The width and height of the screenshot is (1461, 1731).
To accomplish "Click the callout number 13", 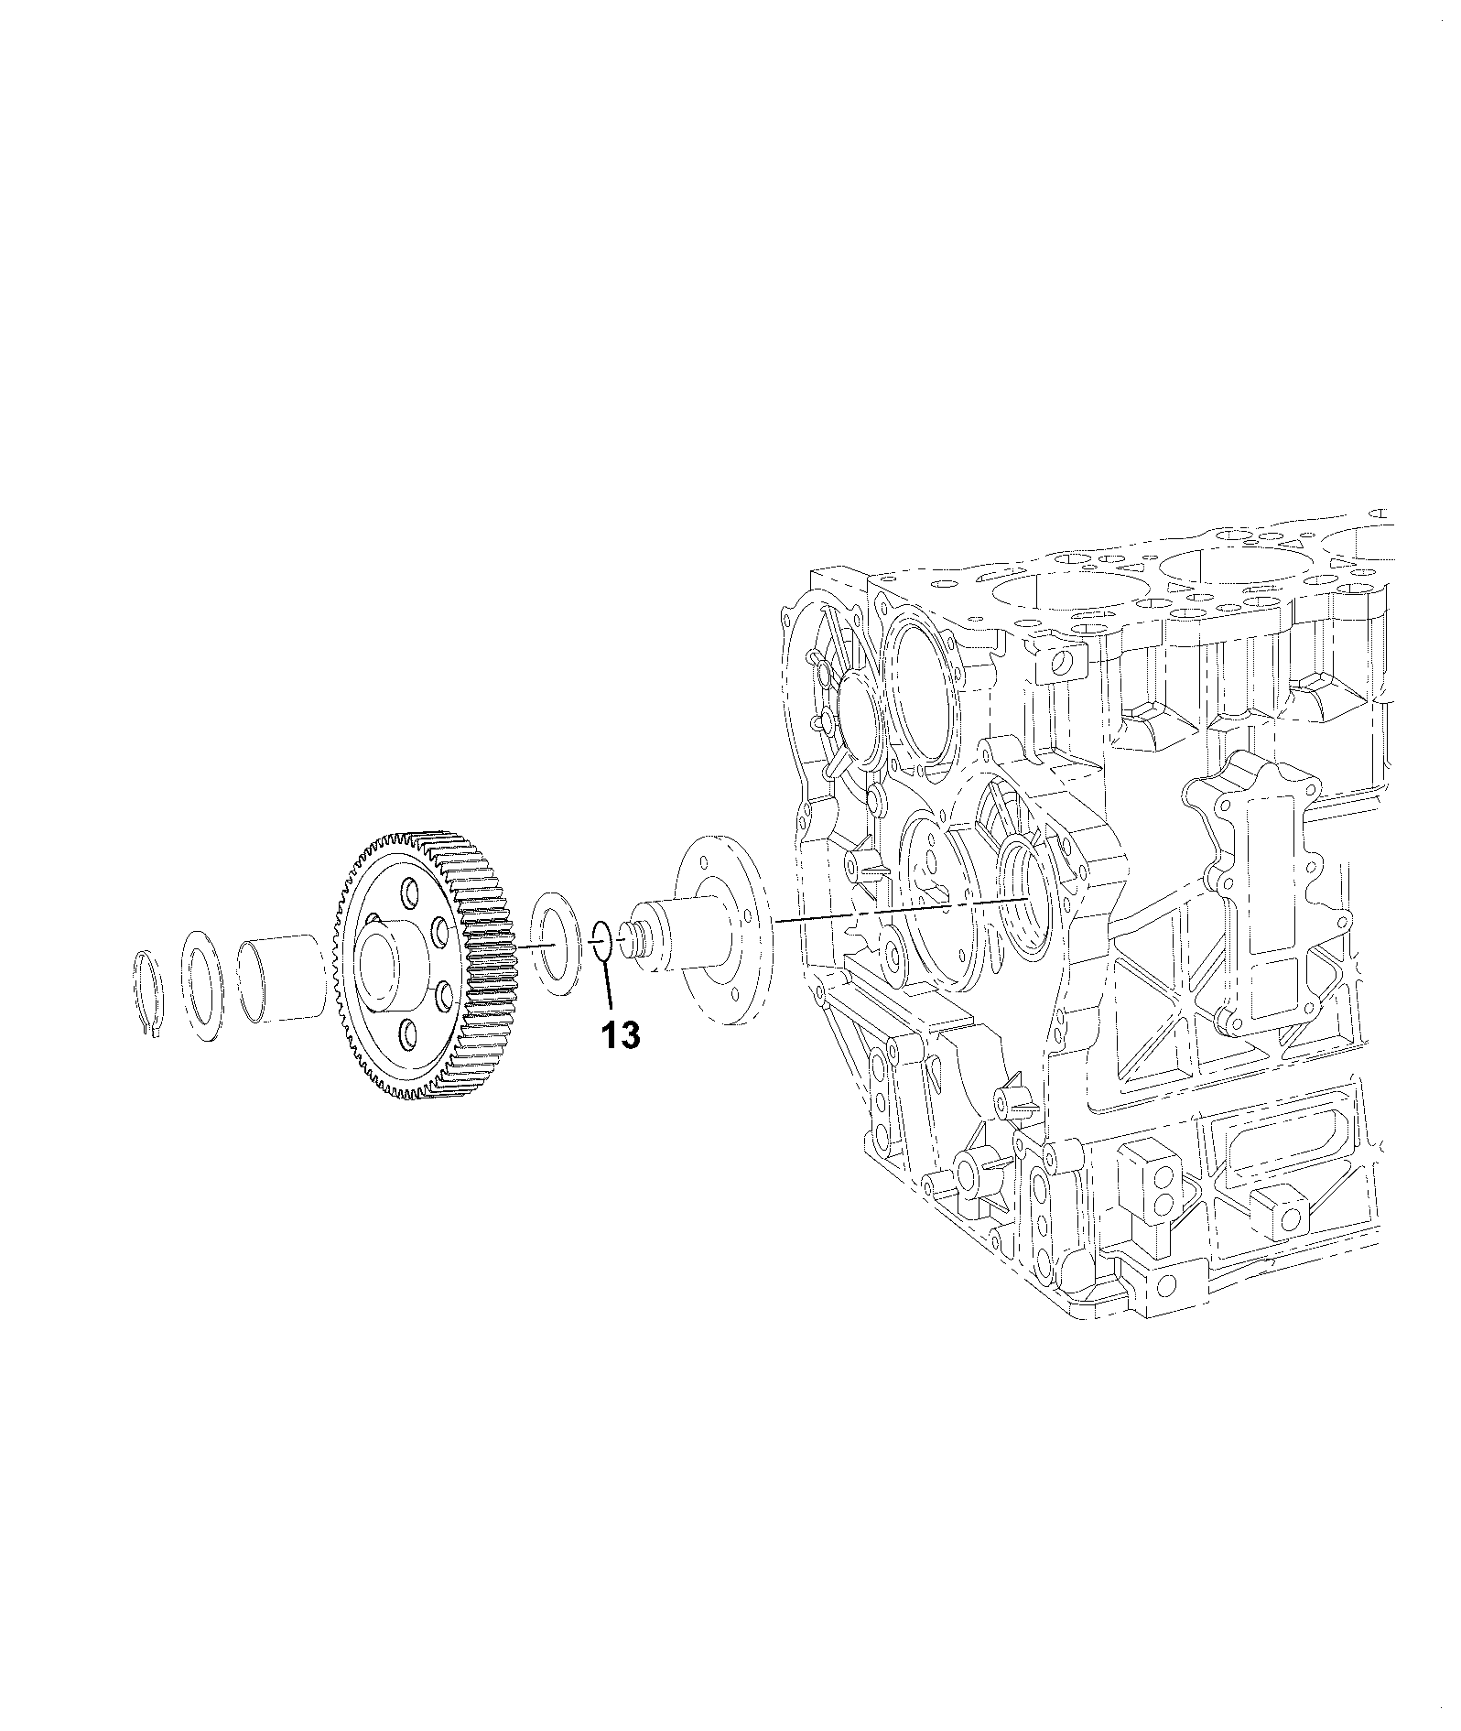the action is tap(621, 1034).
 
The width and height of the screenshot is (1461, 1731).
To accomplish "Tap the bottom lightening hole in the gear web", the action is tap(405, 1037).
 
